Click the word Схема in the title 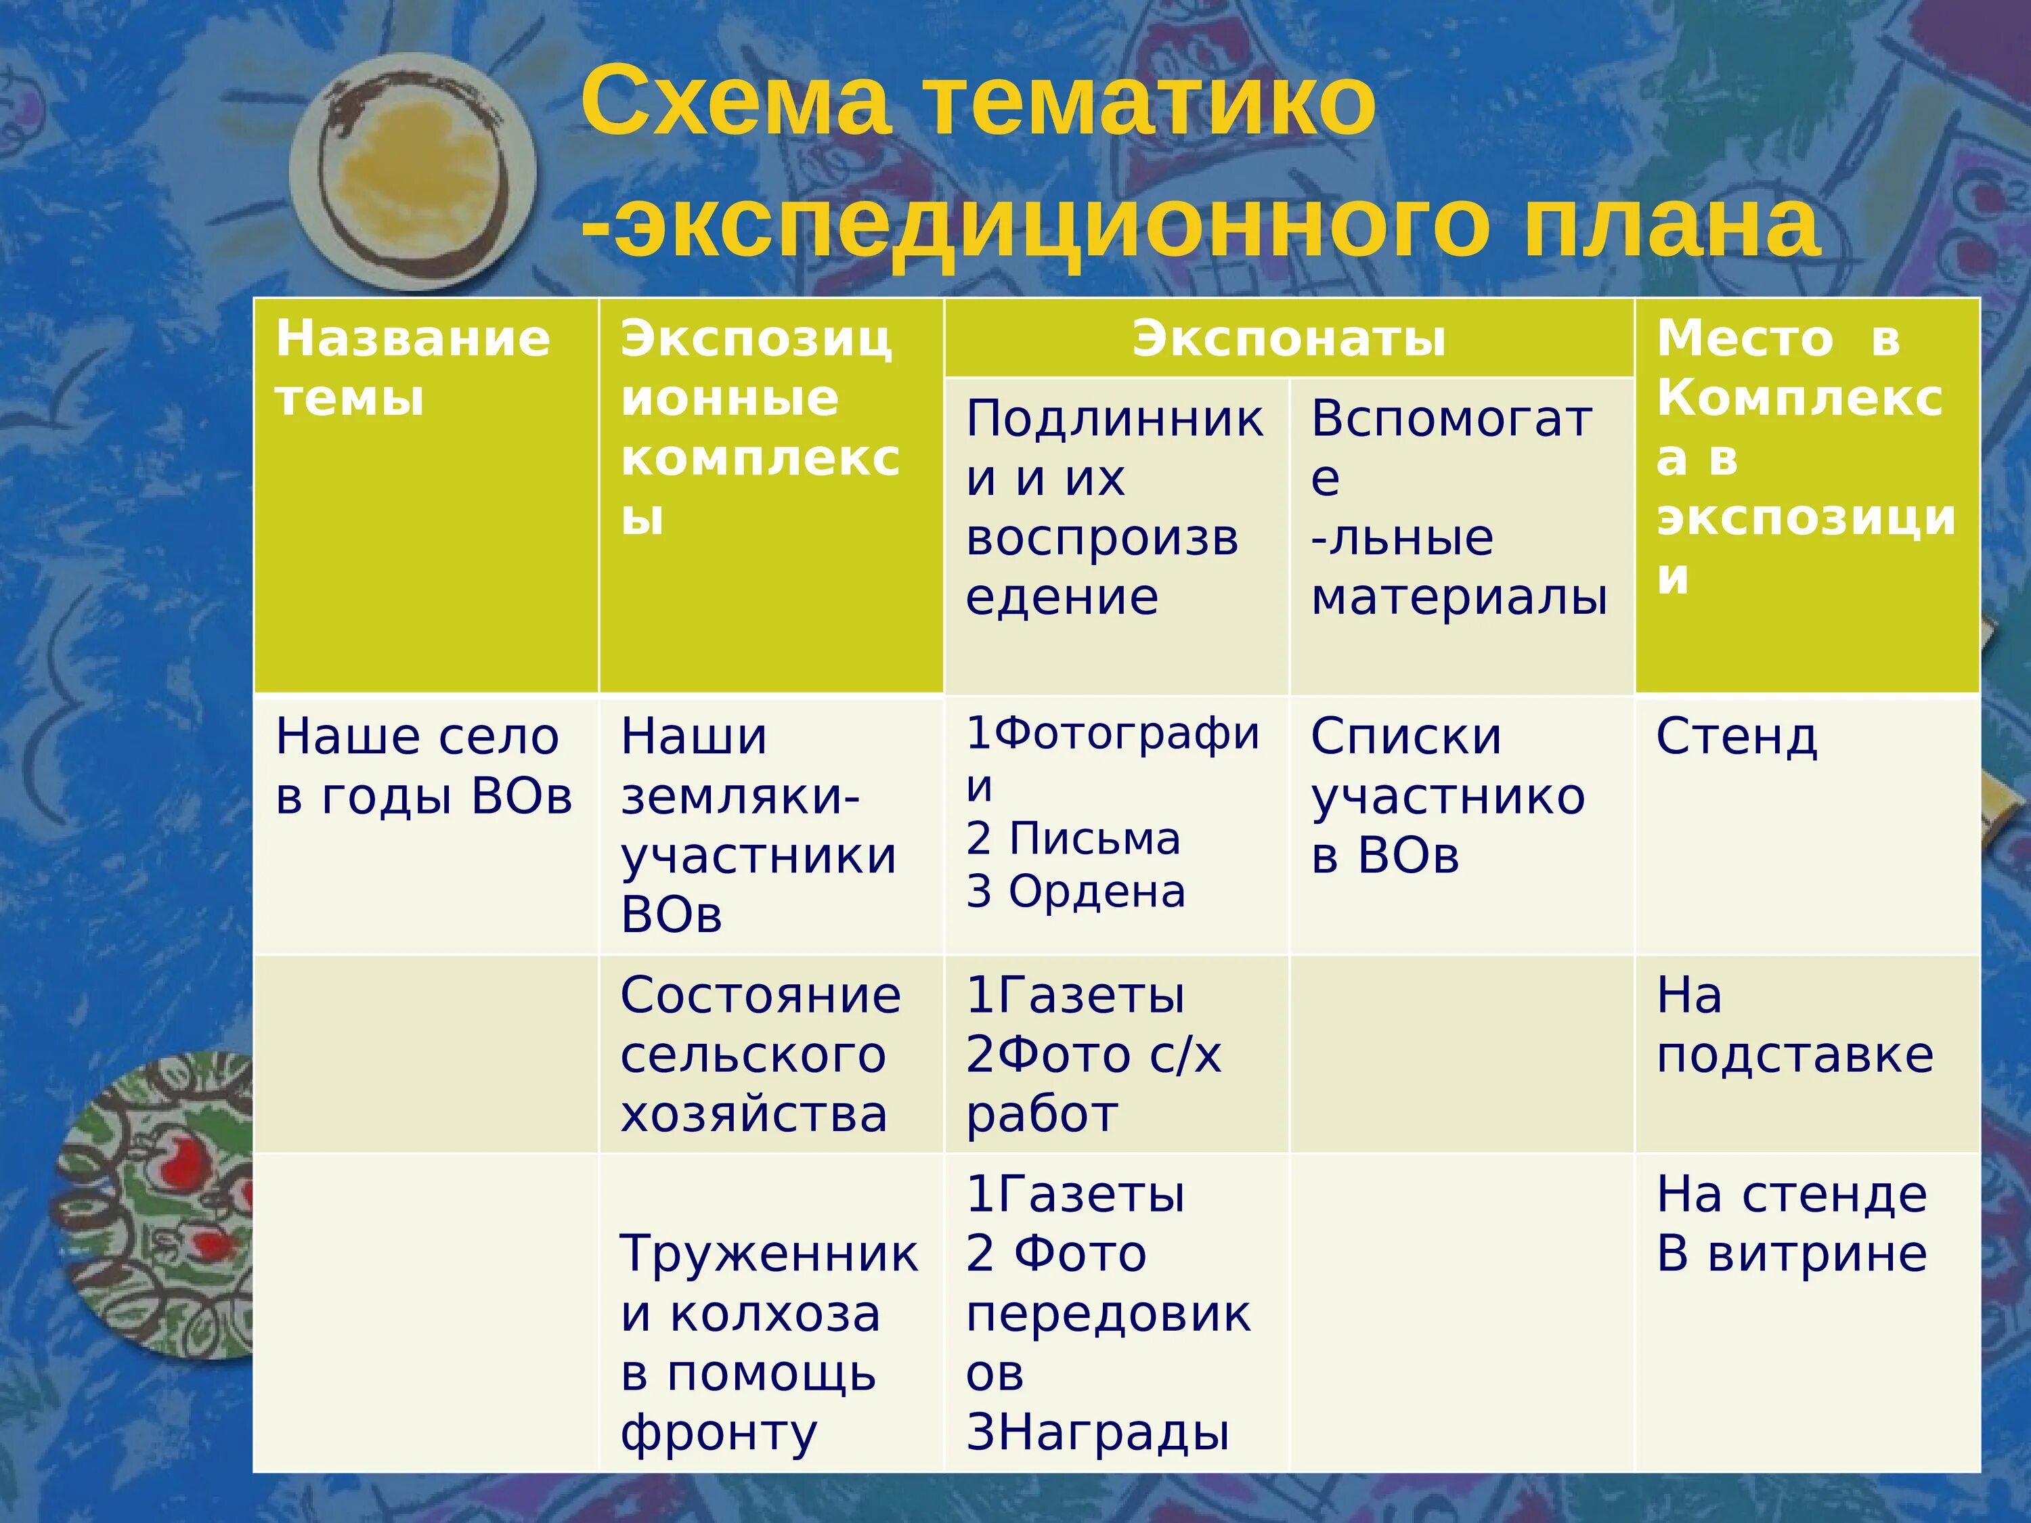click(735, 101)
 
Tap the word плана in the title click(1671, 225)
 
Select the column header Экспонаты click(1288, 338)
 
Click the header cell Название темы click(413, 367)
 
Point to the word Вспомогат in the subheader click(1451, 420)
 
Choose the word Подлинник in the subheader click(1114, 420)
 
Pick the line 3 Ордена click(1075, 891)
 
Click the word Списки click(1405, 737)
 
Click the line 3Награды click(1097, 1433)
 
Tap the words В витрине click(1791, 1254)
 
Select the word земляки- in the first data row click(740, 797)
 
